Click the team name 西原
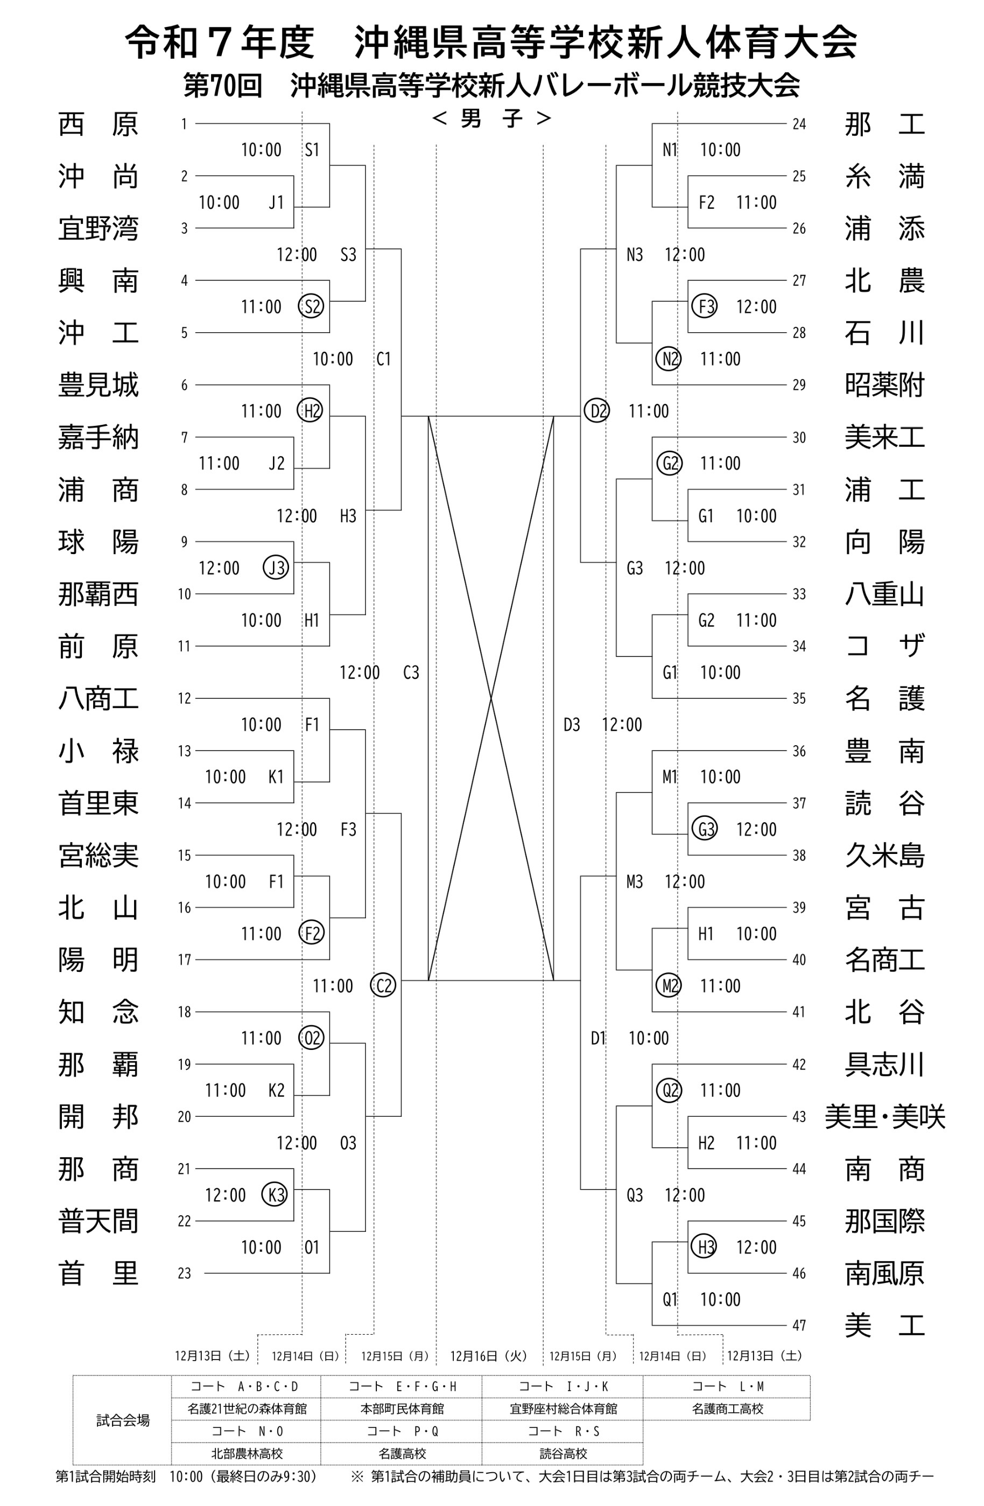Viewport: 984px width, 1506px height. click(98, 124)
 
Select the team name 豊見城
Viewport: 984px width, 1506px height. click(98, 385)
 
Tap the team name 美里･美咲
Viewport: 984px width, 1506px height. click(884, 1116)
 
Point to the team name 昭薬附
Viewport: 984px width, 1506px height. click(884, 385)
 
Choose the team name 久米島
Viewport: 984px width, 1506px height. click(884, 855)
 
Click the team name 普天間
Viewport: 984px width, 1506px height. click(98, 1221)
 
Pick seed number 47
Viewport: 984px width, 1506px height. click(799, 1325)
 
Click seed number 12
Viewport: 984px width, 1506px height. click(184, 698)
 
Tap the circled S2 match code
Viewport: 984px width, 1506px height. click(311, 307)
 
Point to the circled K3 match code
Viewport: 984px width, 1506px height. click(275, 1195)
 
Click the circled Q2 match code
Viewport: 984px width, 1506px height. click(670, 1090)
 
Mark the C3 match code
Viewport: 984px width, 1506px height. click(411, 673)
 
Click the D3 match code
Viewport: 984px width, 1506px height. click(572, 725)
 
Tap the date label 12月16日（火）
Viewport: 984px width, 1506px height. click(488, 1356)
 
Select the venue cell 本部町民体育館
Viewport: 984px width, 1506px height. click(402, 1409)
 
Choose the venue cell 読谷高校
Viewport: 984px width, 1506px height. click(563, 1453)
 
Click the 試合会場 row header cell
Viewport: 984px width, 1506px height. click(123, 1420)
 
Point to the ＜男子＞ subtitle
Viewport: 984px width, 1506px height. click(491, 118)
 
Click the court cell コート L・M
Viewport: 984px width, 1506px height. click(727, 1386)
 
